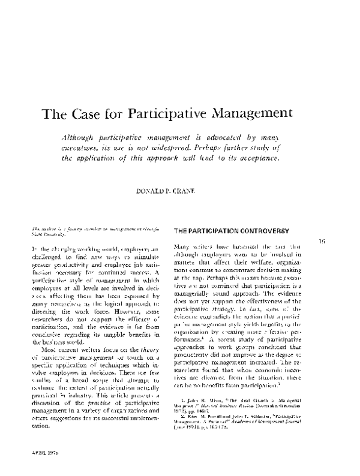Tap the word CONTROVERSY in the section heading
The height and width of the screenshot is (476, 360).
pos(257,231)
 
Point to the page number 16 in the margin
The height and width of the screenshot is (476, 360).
pos(322,240)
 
